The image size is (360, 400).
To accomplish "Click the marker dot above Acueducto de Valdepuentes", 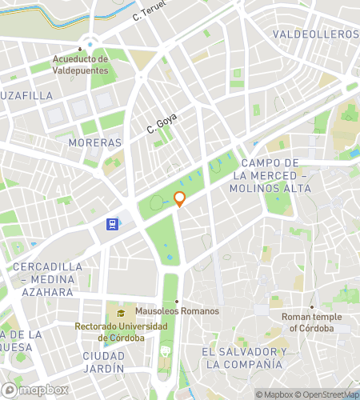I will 81,48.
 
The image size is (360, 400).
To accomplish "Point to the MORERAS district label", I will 95,142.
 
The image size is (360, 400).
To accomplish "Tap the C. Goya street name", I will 161,123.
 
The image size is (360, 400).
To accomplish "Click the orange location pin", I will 180,199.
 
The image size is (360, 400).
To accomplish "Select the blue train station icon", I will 114,225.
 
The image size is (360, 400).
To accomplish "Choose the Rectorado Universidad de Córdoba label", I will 121,332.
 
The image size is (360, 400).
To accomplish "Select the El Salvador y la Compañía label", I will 244,358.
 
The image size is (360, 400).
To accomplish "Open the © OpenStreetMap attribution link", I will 328,394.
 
